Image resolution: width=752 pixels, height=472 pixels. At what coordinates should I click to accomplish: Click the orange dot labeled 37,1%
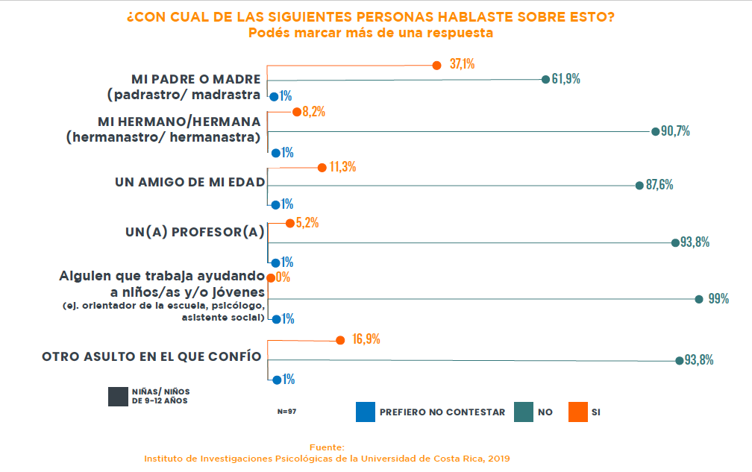pyautogui.click(x=437, y=65)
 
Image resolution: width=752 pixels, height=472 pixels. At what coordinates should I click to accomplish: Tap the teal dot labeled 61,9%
pyautogui.click(x=545, y=79)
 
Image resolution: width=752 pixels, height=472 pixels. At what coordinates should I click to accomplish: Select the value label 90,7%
pyautogui.click(x=676, y=131)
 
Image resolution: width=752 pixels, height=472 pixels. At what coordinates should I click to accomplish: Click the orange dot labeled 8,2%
pyautogui.click(x=296, y=113)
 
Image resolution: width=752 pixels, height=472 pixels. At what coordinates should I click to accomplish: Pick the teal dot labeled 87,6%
pyautogui.click(x=639, y=185)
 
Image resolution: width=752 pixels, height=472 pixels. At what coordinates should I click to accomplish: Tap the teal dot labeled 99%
pyautogui.click(x=699, y=299)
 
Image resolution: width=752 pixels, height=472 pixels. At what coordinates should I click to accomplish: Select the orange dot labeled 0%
pyautogui.click(x=271, y=277)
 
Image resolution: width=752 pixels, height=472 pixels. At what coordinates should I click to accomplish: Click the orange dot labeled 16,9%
pyautogui.click(x=340, y=340)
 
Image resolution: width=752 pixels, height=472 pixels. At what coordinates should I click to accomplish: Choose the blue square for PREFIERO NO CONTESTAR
pyautogui.click(x=365, y=412)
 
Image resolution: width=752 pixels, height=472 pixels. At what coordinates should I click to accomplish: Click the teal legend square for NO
pyautogui.click(x=524, y=412)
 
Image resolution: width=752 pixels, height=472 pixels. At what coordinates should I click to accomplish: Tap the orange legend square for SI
pyautogui.click(x=577, y=412)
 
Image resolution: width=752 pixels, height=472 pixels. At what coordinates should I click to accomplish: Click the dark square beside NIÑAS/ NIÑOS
pyautogui.click(x=118, y=397)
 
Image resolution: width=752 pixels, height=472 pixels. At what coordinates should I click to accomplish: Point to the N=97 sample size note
pyautogui.click(x=286, y=412)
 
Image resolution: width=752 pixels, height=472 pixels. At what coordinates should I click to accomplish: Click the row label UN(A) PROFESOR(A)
pyautogui.click(x=195, y=233)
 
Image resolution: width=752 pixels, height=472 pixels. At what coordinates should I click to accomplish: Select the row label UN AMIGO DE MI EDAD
pyautogui.click(x=189, y=182)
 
